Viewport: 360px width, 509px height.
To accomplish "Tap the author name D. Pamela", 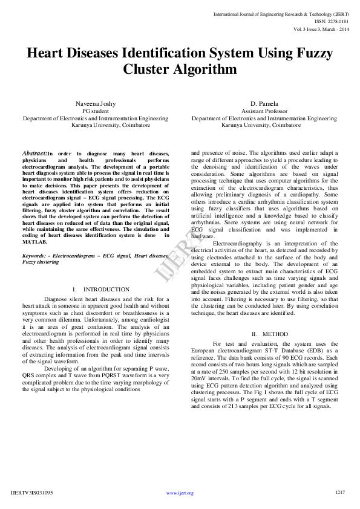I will pos(264,104).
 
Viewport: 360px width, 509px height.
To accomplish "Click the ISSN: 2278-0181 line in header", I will pos(331,21).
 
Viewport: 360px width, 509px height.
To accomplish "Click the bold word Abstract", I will pos(34,154).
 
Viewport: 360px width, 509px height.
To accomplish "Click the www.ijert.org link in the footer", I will pos(180,493).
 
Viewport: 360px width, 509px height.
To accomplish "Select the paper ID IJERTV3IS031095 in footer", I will pos(32,493).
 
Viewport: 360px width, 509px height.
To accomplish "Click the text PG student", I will pos(94,111).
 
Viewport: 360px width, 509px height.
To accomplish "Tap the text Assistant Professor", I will pos(264,111).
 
